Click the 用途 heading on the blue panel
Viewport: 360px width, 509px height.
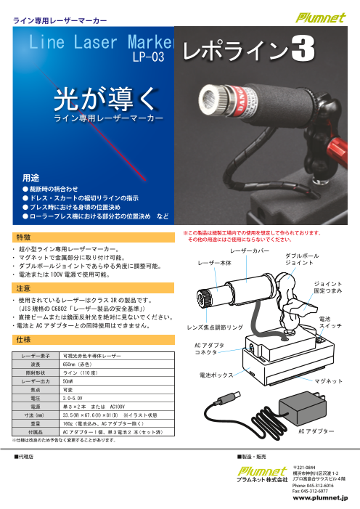click(x=30, y=176)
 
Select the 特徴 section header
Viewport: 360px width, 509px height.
click(x=23, y=237)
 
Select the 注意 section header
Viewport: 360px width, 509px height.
click(x=23, y=289)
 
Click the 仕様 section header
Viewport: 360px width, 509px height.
click(x=23, y=339)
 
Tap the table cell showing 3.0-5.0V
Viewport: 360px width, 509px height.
click(x=76, y=399)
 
